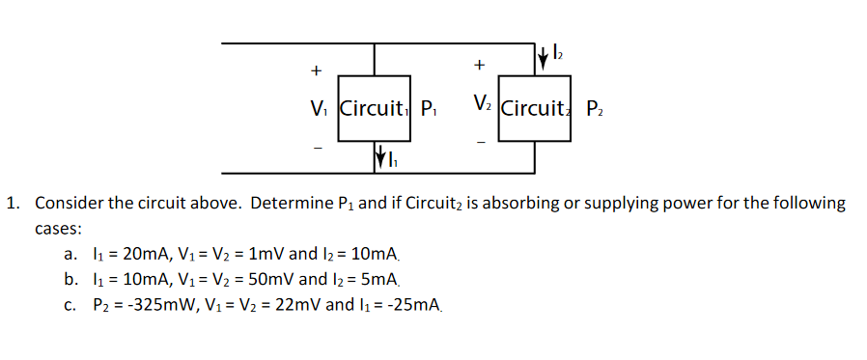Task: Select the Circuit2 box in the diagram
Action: (537, 108)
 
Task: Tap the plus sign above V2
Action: (479, 65)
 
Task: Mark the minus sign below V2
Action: (480, 142)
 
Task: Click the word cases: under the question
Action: (58, 230)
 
